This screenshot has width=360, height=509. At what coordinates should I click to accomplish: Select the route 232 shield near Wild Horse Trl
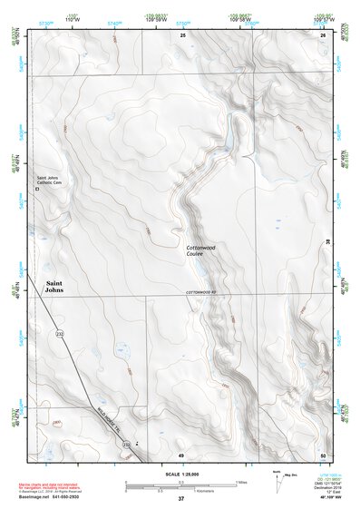126,445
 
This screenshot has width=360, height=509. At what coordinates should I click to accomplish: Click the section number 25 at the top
182,35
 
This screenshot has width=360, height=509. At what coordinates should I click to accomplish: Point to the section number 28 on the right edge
327,240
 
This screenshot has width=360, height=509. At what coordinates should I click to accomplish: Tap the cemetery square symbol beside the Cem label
37,189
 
